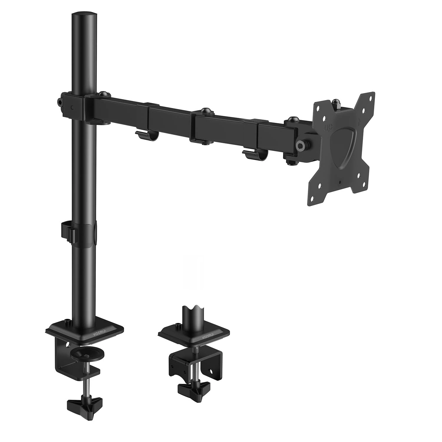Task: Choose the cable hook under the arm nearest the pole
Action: point(147,136)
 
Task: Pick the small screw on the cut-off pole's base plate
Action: point(178,325)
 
